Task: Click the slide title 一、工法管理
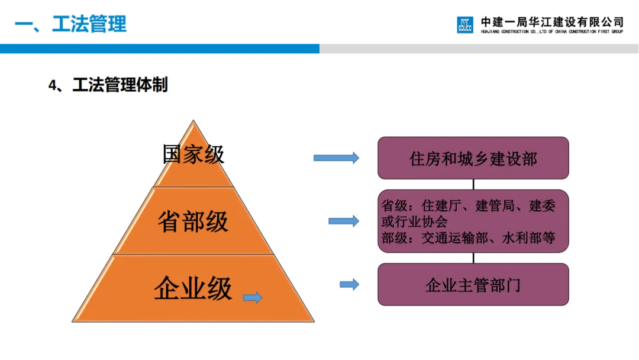point(70,24)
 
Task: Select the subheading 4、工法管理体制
point(108,85)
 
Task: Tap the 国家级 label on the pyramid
point(193,155)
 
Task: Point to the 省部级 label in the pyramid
point(193,221)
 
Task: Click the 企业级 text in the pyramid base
point(193,289)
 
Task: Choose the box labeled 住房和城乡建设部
point(473,158)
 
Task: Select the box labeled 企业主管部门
point(473,285)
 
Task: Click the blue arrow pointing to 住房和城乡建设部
point(336,157)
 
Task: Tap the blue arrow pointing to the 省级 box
point(344,221)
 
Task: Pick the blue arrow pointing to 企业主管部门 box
point(349,284)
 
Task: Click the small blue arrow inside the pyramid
point(253,297)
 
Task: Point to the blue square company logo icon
point(465,25)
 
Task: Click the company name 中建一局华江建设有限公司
point(552,22)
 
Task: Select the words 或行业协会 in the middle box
point(414,222)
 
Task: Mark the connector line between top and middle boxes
point(473,184)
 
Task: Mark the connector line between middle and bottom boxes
point(473,258)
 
